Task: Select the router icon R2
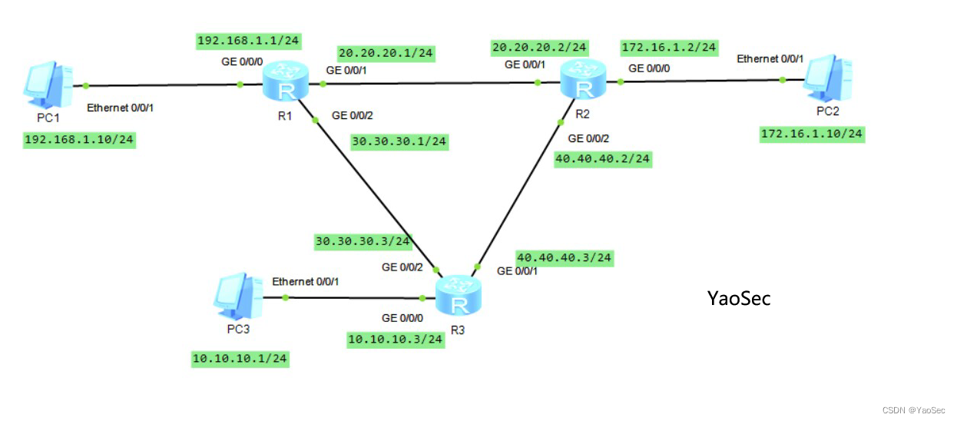[x=583, y=80]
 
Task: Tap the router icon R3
[x=459, y=296]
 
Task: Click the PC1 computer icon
[x=48, y=85]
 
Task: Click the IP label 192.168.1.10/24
[x=79, y=140]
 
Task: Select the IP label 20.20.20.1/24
[x=386, y=53]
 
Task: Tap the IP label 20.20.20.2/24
[x=540, y=48]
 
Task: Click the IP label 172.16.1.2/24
[x=669, y=48]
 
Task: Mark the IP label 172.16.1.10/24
[x=811, y=134]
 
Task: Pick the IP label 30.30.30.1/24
[x=399, y=141]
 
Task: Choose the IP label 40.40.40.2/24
[x=602, y=159]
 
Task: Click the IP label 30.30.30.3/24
[x=363, y=241]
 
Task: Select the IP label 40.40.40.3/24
[x=564, y=257]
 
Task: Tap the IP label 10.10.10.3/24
[x=395, y=339]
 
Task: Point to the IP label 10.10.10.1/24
[x=240, y=359]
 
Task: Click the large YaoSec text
[x=738, y=298]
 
